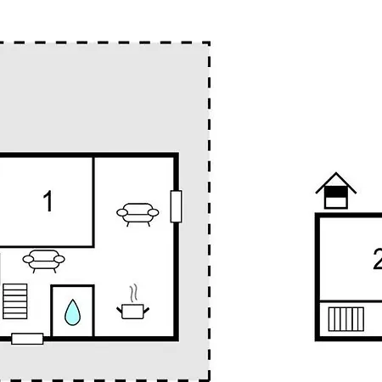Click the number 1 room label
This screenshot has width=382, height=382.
[x=48, y=200]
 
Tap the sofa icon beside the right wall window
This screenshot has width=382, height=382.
[x=138, y=215]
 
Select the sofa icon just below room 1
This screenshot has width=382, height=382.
[x=43, y=261]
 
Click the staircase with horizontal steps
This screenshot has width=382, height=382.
[x=15, y=301]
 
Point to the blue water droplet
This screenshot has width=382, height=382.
[x=73, y=312]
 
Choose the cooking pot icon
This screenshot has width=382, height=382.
[x=132, y=312]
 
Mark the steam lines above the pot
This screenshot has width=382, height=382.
[x=134, y=293]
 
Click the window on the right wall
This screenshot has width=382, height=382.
[x=176, y=206]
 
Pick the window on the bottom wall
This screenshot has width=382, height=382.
[x=27, y=339]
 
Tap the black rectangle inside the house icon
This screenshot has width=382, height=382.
[x=336, y=192]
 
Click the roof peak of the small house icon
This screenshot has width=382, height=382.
[x=336, y=172]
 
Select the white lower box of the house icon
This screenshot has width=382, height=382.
[x=336, y=202]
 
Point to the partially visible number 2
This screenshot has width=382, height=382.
[x=378, y=259]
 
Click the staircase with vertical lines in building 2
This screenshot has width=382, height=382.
[x=346, y=319]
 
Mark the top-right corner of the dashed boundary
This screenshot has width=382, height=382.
[x=209, y=43]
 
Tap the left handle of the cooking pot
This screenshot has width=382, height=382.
[x=120, y=310]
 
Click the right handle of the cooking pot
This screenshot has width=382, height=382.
[x=146, y=310]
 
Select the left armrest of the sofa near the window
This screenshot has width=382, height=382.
[x=122, y=212]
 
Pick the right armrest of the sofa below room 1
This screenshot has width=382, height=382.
[x=59, y=259]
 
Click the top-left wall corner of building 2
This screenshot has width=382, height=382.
[x=317, y=215]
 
